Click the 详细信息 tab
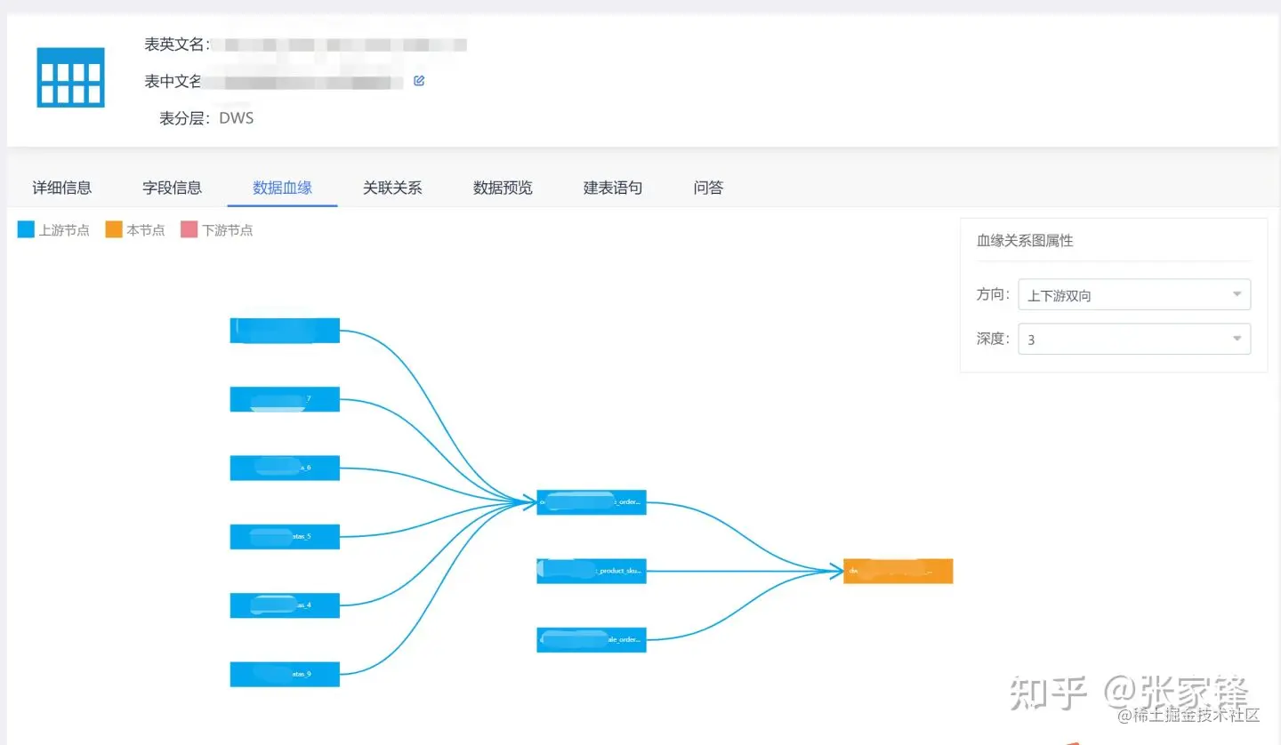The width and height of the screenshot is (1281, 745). click(x=62, y=188)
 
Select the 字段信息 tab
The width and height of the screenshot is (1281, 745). click(x=172, y=188)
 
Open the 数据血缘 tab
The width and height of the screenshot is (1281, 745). click(x=282, y=188)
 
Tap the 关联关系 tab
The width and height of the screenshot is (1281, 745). click(x=392, y=188)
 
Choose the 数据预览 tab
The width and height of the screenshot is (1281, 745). click(x=503, y=188)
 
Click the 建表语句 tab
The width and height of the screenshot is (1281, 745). click(x=613, y=188)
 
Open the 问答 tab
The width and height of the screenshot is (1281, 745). click(x=708, y=188)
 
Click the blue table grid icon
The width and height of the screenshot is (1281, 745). click(x=70, y=77)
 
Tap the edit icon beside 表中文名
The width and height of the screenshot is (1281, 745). click(x=419, y=81)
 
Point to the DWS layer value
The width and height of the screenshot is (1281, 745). click(x=237, y=118)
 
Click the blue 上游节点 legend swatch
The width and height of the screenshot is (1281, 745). click(x=26, y=230)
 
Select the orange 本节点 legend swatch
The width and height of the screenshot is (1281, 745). click(x=113, y=230)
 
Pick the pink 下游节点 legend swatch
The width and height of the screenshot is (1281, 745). click(x=189, y=230)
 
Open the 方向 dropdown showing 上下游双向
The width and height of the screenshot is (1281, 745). click(x=1134, y=295)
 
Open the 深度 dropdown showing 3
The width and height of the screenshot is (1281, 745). click(x=1134, y=339)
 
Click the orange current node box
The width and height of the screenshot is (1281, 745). click(x=898, y=571)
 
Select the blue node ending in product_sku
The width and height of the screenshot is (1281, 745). click(x=592, y=571)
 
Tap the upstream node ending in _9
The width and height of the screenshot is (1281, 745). click(x=285, y=674)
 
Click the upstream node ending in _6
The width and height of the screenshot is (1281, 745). click(x=285, y=468)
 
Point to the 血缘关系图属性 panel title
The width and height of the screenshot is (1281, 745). click(x=1025, y=240)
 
